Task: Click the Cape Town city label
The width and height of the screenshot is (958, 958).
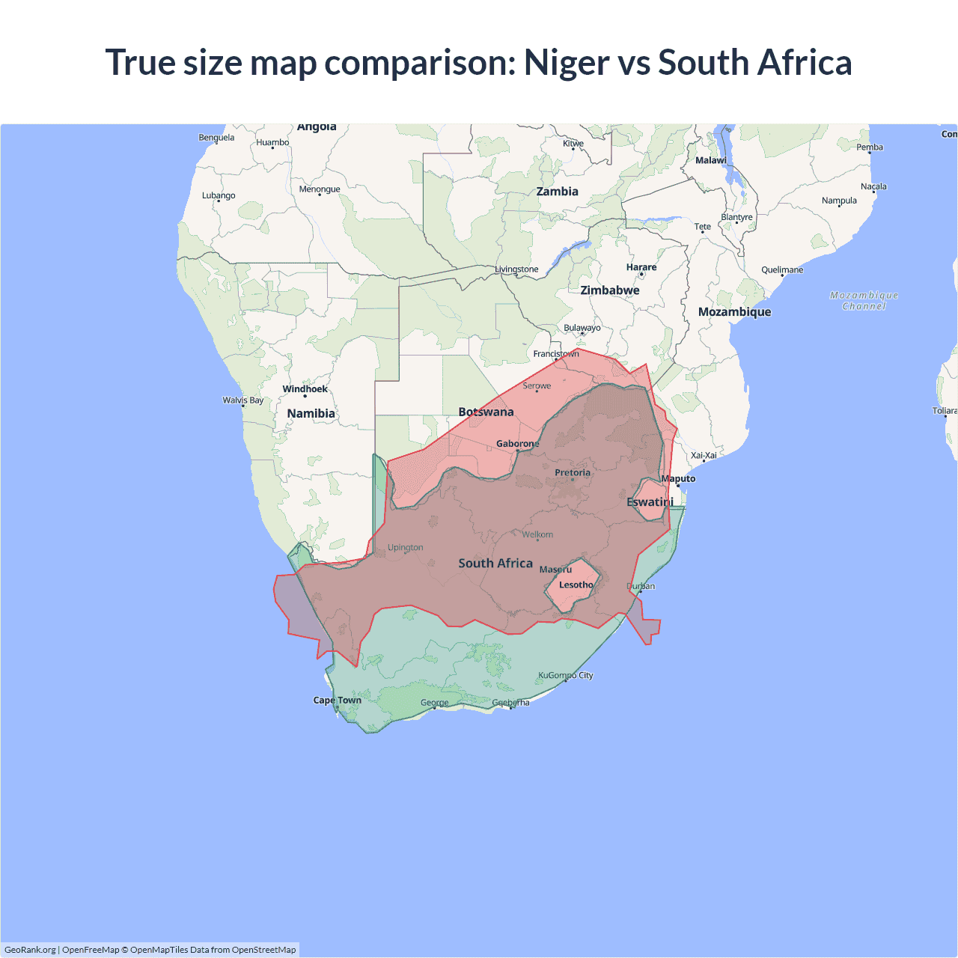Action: (x=337, y=701)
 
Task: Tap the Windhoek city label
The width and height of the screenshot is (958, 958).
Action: (x=305, y=389)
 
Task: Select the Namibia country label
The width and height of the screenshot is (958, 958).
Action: (x=311, y=413)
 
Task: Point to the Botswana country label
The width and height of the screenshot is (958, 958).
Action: (x=486, y=412)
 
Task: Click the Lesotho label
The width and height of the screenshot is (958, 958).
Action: (x=576, y=585)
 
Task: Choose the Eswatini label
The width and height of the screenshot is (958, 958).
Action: (x=650, y=502)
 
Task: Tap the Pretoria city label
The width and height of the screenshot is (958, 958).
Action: (x=573, y=472)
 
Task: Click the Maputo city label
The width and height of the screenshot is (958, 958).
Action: (x=678, y=478)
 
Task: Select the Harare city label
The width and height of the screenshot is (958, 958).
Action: (x=641, y=267)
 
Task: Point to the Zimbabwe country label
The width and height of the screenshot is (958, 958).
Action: (x=610, y=290)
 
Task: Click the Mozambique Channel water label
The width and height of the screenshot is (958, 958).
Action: (x=864, y=301)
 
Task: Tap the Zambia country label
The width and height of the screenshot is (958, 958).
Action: (x=557, y=192)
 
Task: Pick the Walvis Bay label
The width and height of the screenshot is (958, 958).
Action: (x=242, y=400)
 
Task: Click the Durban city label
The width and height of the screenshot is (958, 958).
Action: (x=641, y=586)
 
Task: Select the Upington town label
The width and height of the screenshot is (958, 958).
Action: (x=405, y=548)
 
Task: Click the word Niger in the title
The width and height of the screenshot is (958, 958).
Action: (x=566, y=62)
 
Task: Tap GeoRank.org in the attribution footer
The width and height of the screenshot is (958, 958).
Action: (x=30, y=950)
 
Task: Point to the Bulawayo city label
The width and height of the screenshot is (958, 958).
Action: (x=582, y=328)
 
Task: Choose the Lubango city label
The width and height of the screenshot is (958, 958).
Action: (x=219, y=196)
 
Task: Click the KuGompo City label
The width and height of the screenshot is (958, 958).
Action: (x=565, y=675)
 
